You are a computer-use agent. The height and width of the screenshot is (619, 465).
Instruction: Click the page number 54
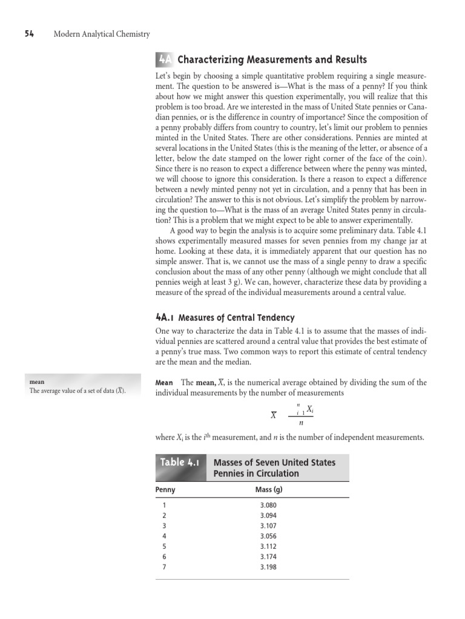pyautogui.click(x=28, y=34)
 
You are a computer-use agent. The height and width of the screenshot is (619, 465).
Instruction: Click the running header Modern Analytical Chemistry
pyautogui.click(x=102, y=34)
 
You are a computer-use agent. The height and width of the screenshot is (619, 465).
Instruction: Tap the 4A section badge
pyautogui.click(x=164, y=59)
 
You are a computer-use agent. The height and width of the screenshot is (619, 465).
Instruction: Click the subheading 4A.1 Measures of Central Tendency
pyautogui.click(x=225, y=317)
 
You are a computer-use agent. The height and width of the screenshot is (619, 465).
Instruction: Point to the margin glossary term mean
pyautogui.click(x=37, y=382)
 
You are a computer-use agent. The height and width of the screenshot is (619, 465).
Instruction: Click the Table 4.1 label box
pyautogui.click(x=180, y=462)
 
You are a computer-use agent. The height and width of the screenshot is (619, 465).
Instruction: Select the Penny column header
pyautogui.click(x=165, y=489)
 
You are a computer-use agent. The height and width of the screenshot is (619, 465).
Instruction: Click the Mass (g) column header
pyautogui.click(x=269, y=489)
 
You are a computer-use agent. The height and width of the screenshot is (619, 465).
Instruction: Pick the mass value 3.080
pyautogui.click(x=269, y=505)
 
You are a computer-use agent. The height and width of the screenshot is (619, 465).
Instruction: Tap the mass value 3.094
pyautogui.click(x=269, y=516)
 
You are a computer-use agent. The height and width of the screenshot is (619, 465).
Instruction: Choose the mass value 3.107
pyautogui.click(x=269, y=526)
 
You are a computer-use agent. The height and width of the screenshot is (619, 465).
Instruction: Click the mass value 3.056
pyautogui.click(x=269, y=536)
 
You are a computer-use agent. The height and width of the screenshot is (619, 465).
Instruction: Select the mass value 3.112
pyautogui.click(x=269, y=546)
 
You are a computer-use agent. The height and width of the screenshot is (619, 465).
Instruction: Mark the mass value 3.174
pyautogui.click(x=269, y=557)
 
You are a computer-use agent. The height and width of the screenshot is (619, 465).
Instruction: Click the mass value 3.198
pyautogui.click(x=269, y=567)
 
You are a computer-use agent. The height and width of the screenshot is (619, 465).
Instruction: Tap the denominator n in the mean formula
pyautogui.click(x=301, y=423)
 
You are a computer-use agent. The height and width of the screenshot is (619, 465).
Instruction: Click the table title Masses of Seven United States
pyautogui.click(x=274, y=462)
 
